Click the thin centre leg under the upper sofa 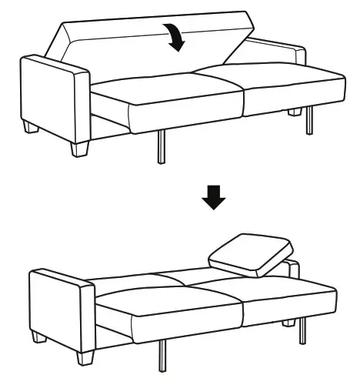pyautogui.click(x=161, y=146)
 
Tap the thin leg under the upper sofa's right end pyautogui.click(x=309, y=120)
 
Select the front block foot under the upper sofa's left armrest pyautogui.click(x=80, y=148)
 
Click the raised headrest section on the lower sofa pyautogui.click(x=250, y=254)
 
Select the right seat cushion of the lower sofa pyautogui.click(x=288, y=296)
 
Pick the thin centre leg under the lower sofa pyautogui.click(x=163, y=356)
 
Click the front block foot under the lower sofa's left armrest pyautogui.click(x=86, y=357)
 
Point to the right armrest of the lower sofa pyautogui.click(x=292, y=267)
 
